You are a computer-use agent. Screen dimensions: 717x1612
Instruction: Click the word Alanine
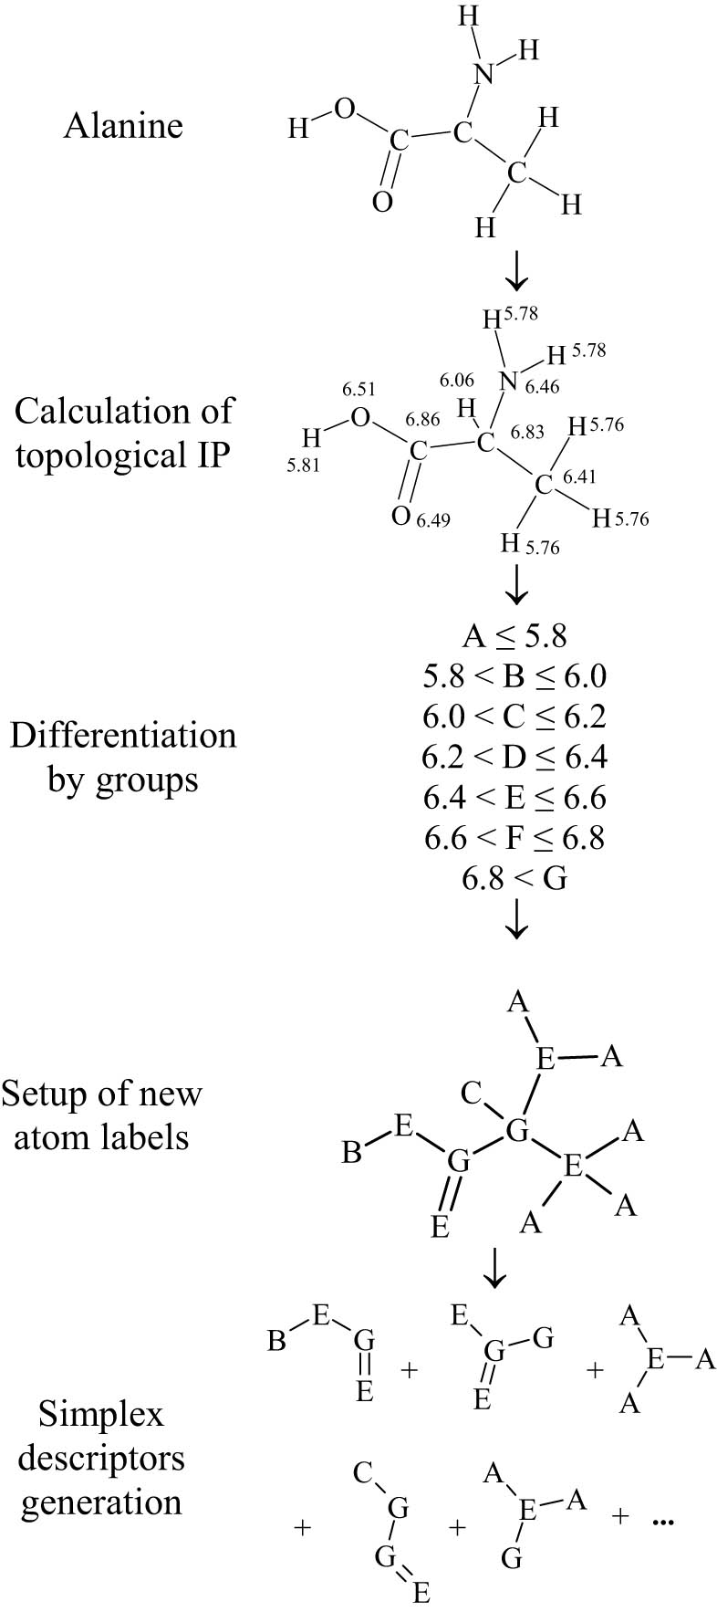coord(123,125)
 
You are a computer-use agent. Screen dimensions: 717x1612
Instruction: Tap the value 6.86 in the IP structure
coord(422,419)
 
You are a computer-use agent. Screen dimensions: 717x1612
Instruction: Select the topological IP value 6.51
coord(359,390)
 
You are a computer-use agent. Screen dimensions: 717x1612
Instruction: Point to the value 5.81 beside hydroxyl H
coord(303,465)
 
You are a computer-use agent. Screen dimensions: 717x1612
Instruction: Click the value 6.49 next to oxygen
coord(433,520)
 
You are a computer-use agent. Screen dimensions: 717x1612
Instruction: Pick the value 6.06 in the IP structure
coord(456,380)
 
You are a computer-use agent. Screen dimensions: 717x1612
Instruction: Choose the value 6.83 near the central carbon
coord(527,432)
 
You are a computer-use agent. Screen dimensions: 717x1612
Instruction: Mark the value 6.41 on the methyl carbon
coord(579,476)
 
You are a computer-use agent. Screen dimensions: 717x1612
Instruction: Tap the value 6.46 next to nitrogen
coord(543,387)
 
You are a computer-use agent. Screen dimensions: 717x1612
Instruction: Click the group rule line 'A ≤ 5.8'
coord(514,635)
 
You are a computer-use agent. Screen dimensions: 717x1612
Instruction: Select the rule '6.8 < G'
coord(514,878)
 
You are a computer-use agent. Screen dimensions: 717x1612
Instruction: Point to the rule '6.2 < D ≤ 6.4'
coord(514,757)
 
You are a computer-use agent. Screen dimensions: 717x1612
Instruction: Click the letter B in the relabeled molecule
coord(351,1154)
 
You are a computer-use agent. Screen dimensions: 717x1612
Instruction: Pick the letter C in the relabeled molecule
coord(471,1093)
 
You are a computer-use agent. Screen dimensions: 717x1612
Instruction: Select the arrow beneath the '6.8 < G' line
coord(516,919)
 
